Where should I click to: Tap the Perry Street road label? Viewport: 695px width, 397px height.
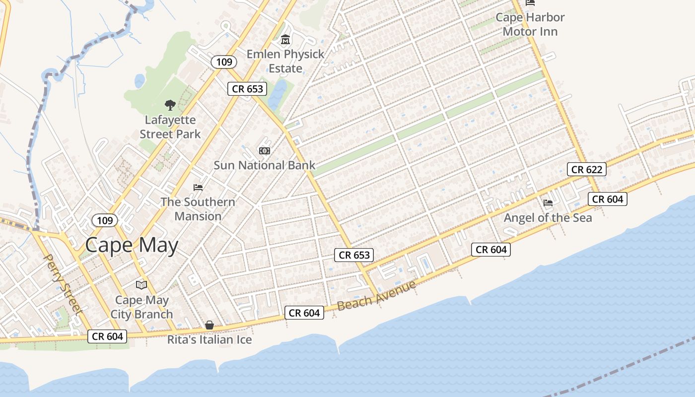(x=63, y=284)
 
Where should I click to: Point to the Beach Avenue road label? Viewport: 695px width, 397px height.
(x=376, y=296)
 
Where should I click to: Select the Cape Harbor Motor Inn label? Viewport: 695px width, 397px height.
(x=530, y=24)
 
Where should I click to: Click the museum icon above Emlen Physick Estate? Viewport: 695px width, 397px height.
(x=285, y=40)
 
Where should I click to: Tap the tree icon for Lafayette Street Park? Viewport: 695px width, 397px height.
(x=170, y=105)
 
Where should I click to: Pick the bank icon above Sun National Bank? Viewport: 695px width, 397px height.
(x=264, y=151)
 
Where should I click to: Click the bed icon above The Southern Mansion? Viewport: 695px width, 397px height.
(x=198, y=188)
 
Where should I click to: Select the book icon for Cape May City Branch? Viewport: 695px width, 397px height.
(x=141, y=285)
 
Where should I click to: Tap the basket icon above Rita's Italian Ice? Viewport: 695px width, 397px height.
(x=209, y=325)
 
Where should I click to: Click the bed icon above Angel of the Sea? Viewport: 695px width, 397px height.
(x=548, y=202)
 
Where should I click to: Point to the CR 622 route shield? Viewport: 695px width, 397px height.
(x=586, y=169)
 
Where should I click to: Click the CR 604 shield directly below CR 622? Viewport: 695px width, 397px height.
(x=608, y=199)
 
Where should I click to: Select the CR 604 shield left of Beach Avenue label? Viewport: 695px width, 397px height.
(x=304, y=313)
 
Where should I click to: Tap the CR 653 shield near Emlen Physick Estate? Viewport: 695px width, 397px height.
(x=247, y=89)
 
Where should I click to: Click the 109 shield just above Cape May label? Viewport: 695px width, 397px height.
(x=105, y=220)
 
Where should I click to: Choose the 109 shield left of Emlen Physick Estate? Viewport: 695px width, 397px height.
(x=224, y=62)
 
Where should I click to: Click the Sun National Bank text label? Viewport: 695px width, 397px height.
(x=264, y=165)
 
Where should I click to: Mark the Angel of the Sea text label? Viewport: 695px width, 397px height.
(x=548, y=218)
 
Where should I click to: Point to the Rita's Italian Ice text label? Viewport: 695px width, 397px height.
(x=209, y=340)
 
